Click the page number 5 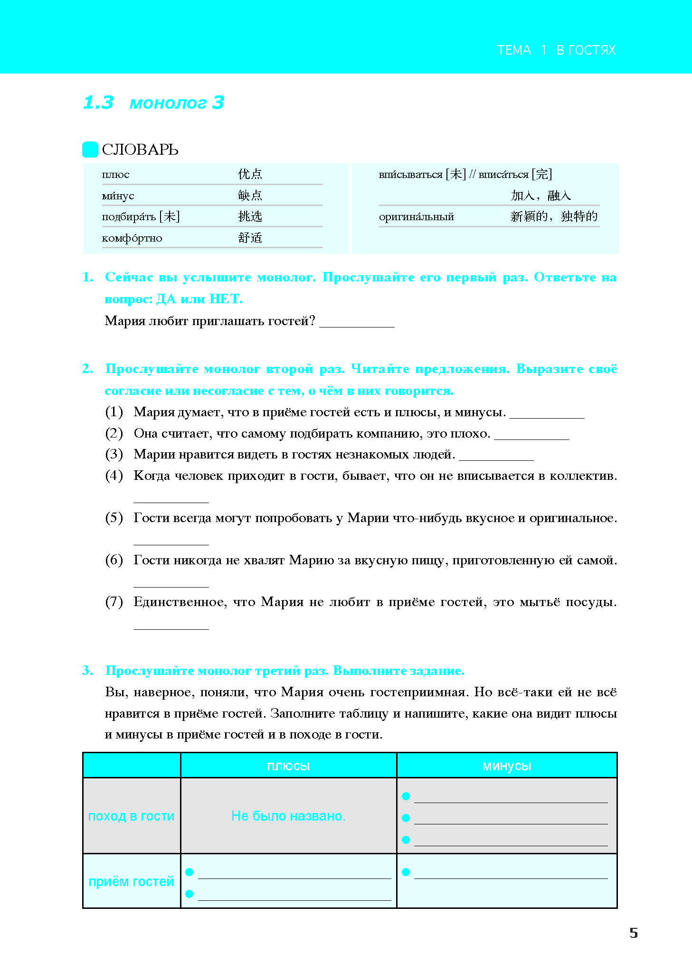(633, 933)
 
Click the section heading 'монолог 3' (176, 103)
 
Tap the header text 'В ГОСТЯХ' (586, 50)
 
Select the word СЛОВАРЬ (140, 150)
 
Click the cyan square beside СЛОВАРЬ (90, 150)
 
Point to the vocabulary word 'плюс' (115, 175)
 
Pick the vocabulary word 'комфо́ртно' (132, 238)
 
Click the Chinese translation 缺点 (250, 195)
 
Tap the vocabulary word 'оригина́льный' (417, 217)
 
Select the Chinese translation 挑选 (250, 216)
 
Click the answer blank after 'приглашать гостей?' (357, 323)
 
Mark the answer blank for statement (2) (531, 435)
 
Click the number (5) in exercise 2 (114, 517)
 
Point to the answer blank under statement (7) (171, 625)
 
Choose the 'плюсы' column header (288, 766)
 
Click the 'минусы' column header (506, 766)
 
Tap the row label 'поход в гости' (132, 816)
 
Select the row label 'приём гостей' (132, 881)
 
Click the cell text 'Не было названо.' (288, 816)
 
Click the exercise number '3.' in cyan (87, 670)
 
